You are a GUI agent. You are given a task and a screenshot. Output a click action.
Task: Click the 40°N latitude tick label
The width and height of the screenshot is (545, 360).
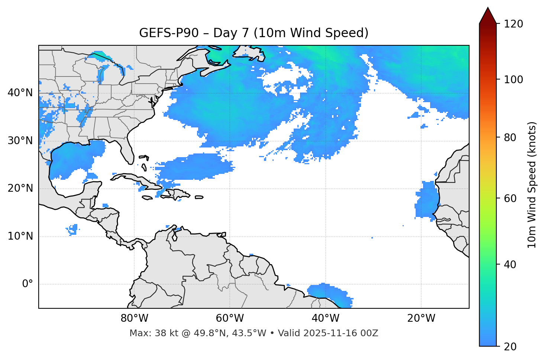pyautogui.click(x=20, y=93)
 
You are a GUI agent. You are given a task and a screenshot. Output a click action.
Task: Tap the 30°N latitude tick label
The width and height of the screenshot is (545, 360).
pyautogui.click(x=20, y=141)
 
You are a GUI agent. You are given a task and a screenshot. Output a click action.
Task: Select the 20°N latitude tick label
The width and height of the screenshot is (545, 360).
pyautogui.click(x=20, y=188)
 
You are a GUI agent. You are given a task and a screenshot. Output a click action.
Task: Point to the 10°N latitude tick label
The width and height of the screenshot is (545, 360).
pyautogui.click(x=20, y=236)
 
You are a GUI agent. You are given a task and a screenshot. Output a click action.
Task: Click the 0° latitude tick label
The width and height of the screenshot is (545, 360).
pyautogui.click(x=27, y=284)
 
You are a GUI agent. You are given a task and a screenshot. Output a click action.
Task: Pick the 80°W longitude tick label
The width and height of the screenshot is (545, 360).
pyautogui.click(x=134, y=318)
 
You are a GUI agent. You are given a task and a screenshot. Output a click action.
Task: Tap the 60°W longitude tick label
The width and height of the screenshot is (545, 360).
pyautogui.click(x=230, y=318)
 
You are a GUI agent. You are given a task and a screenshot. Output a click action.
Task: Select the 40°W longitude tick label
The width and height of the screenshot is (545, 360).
pyautogui.click(x=325, y=318)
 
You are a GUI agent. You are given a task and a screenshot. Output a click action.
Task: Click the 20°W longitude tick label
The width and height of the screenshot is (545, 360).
pyautogui.click(x=421, y=318)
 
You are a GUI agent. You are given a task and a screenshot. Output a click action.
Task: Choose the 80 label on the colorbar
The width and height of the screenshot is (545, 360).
pyautogui.click(x=510, y=137)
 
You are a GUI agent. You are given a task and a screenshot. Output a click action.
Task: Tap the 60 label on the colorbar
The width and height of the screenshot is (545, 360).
pyautogui.click(x=510, y=198)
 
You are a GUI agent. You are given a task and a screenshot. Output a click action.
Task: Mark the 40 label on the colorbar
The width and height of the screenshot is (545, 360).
pyautogui.click(x=510, y=265)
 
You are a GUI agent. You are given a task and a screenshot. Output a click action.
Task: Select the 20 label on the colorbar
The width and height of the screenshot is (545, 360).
pyautogui.click(x=510, y=347)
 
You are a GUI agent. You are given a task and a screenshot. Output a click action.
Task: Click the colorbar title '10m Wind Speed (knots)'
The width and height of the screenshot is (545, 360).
pyautogui.click(x=532, y=185)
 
